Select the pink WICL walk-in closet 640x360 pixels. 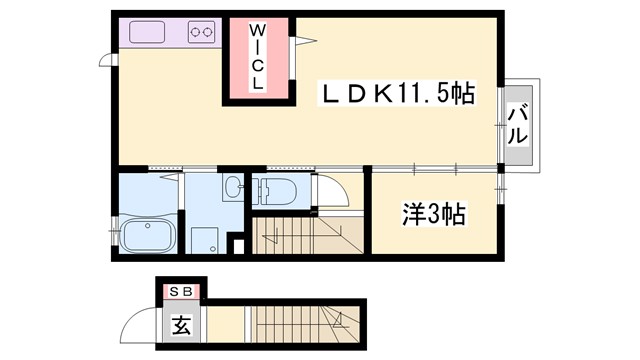(x=257, y=60)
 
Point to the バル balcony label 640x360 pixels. (x=518, y=125)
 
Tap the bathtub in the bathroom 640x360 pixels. (x=147, y=236)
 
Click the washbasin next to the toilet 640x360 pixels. (x=233, y=186)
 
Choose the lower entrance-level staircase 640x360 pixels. (x=300, y=326)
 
